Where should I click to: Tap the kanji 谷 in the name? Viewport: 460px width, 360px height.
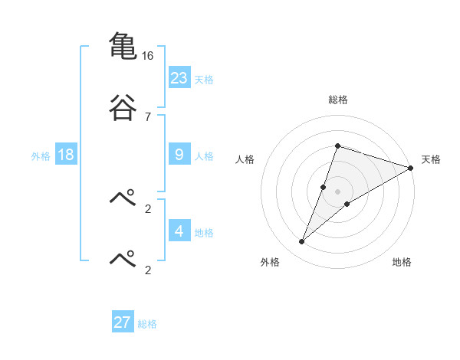pyautogui.click(x=123, y=107)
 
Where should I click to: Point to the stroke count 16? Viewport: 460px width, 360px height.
pyautogui.click(x=147, y=56)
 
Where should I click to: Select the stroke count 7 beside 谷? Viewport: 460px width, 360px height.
pyautogui.click(x=147, y=116)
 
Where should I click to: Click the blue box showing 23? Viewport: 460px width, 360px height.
pyautogui.click(x=179, y=78)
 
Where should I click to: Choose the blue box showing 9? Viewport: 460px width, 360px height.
pyautogui.click(x=179, y=155)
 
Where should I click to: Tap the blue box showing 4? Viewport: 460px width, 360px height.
pyautogui.click(x=179, y=231)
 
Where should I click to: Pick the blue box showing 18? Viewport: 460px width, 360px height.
pyautogui.click(x=66, y=155)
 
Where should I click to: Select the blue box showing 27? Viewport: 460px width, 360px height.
pyautogui.click(x=123, y=322)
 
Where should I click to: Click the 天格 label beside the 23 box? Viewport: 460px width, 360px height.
pyautogui.click(x=204, y=80)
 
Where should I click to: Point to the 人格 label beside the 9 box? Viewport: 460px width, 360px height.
pyautogui.click(x=204, y=156)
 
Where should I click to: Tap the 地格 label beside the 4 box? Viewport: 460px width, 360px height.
pyautogui.click(x=204, y=232)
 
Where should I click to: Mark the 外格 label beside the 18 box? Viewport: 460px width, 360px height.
pyautogui.click(x=41, y=156)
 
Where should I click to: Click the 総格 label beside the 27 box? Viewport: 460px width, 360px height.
pyautogui.click(x=147, y=324)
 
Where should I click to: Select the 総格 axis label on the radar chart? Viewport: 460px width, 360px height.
pyautogui.click(x=338, y=100)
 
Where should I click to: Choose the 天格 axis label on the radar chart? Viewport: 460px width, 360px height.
pyautogui.click(x=432, y=159)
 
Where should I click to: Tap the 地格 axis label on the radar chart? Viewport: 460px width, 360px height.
pyautogui.click(x=402, y=262)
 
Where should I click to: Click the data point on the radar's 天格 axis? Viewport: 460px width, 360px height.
pyautogui.click(x=411, y=168)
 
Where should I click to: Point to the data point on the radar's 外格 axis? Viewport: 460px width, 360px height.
pyautogui.click(x=302, y=242)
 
